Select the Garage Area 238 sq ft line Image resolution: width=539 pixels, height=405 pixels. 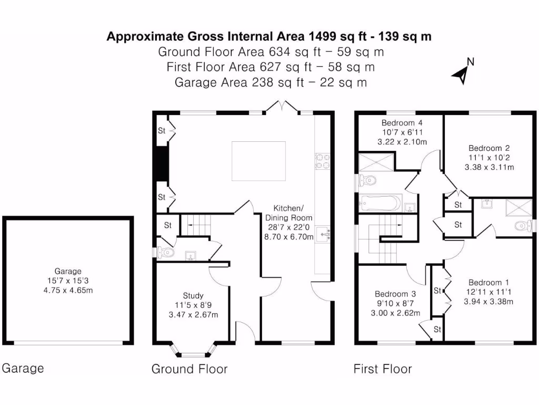click(x=271, y=82)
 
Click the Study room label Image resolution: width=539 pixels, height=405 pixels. click(x=193, y=295)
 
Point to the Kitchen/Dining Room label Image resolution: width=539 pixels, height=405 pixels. click(x=288, y=213)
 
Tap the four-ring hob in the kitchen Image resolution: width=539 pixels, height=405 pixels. click(x=322, y=161)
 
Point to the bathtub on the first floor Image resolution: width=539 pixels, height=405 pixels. click(x=380, y=203)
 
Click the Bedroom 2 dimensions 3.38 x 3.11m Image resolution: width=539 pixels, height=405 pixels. click(x=489, y=167)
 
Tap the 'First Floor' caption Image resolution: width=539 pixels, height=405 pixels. click(x=382, y=369)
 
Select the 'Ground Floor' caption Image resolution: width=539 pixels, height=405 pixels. click(x=189, y=369)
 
